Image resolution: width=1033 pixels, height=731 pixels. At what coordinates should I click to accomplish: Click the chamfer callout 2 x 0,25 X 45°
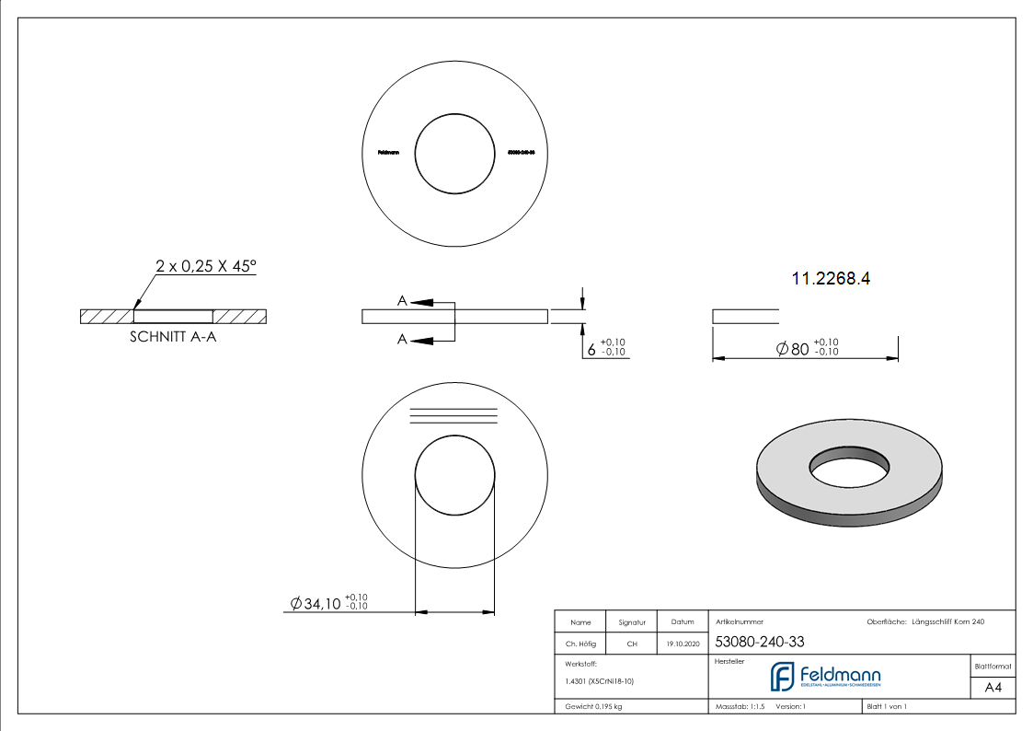pos(206,266)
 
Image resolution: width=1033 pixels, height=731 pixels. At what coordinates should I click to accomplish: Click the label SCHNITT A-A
pos(174,337)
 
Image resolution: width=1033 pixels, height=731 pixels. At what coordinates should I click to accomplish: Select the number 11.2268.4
pos(831,278)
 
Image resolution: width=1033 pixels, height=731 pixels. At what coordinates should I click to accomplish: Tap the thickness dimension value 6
pos(591,350)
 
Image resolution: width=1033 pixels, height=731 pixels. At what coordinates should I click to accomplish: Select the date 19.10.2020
pos(683,644)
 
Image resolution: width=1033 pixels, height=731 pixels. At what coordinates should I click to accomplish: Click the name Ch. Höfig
pos(580,644)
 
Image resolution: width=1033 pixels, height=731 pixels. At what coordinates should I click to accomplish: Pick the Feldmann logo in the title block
pos(825,677)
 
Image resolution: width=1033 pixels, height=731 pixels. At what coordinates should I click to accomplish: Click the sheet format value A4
pos(993,688)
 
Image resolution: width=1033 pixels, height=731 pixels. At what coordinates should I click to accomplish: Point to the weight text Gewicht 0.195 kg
pos(593,707)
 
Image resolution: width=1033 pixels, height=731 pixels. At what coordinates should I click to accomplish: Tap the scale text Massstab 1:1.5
pos(740,707)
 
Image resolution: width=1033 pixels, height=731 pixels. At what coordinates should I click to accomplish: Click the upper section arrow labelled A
pos(421,301)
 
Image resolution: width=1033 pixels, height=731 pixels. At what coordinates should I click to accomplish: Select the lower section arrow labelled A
pos(421,340)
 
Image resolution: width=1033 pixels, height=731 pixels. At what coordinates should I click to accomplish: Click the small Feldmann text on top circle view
pos(388,153)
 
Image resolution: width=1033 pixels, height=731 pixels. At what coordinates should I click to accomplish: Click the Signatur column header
pos(632,622)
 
